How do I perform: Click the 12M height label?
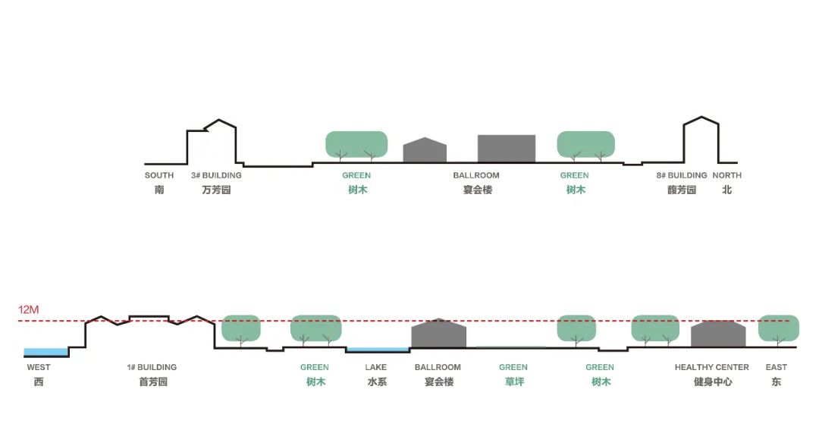click(x=28, y=310)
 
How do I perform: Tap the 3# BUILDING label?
click(x=216, y=175)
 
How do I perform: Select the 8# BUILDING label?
click(x=682, y=175)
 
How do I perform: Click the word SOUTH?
click(x=159, y=175)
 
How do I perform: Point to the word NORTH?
click(x=726, y=175)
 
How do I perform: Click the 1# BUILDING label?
click(x=152, y=367)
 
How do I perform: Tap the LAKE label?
click(x=375, y=367)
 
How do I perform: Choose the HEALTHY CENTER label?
click(x=711, y=367)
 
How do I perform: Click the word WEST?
click(x=39, y=367)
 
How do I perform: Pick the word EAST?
click(x=776, y=367)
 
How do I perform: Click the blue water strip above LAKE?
click(x=377, y=350)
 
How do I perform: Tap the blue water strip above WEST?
click(x=46, y=352)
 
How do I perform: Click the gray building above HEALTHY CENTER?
click(x=718, y=334)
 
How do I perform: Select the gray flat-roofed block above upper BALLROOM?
click(x=506, y=149)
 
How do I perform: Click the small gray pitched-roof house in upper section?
click(x=425, y=151)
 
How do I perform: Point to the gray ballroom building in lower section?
click(x=438, y=334)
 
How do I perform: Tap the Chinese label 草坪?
click(x=513, y=381)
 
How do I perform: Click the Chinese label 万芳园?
click(x=216, y=190)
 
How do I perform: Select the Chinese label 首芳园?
click(x=152, y=381)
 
